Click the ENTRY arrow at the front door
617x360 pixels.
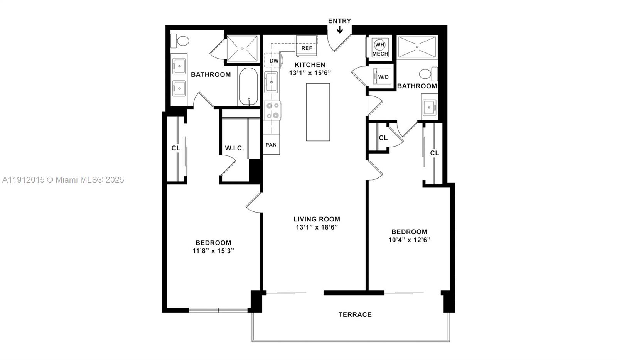[x=340, y=30]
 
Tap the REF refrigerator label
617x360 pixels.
[x=307, y=48]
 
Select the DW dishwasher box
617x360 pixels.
[x=274, y=61]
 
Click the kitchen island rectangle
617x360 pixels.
[x=318, y=112]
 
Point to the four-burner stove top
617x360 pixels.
[x=273, y=110]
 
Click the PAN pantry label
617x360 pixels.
[x=271, y=145]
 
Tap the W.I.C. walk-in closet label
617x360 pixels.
[x=234, y=148]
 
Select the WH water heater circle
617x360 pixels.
[x=380, y=44]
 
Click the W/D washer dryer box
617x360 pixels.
[x=383, y=77]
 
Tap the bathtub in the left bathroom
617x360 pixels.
[x=249, y=86]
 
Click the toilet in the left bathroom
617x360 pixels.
[x=180, y=40]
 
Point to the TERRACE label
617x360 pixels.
[x=355, y=314]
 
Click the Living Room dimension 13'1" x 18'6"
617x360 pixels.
[x=317, y=227]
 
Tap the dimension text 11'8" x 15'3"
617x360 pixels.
[x=213, y=251]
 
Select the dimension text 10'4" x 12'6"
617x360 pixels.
[x=409, y=240]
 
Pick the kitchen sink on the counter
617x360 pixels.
[x=271, y=82]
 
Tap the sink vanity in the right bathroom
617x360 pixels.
[x=429, y=107]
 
